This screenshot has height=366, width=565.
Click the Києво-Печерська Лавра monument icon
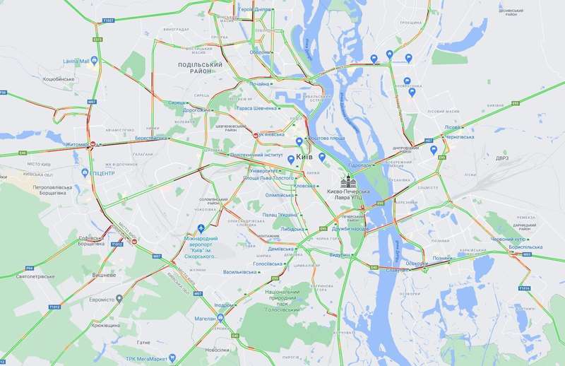350,180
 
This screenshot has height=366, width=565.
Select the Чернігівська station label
462,139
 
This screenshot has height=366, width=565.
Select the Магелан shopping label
206,319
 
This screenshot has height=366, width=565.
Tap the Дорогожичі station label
196,110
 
